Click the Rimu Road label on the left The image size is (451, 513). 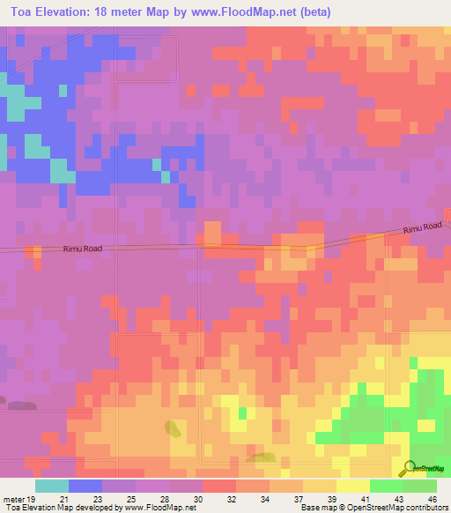click(x=82, y=249)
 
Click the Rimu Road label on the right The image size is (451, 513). click(x=423, y=229)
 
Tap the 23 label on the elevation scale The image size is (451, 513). click(x=96, y=498)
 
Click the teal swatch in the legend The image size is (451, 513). click(x=52, y=486)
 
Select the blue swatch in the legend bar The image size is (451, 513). click(x=85, y=486)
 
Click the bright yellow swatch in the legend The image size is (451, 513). click(x=353, y=486)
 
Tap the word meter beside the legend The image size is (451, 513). click(x=13, y=498)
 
